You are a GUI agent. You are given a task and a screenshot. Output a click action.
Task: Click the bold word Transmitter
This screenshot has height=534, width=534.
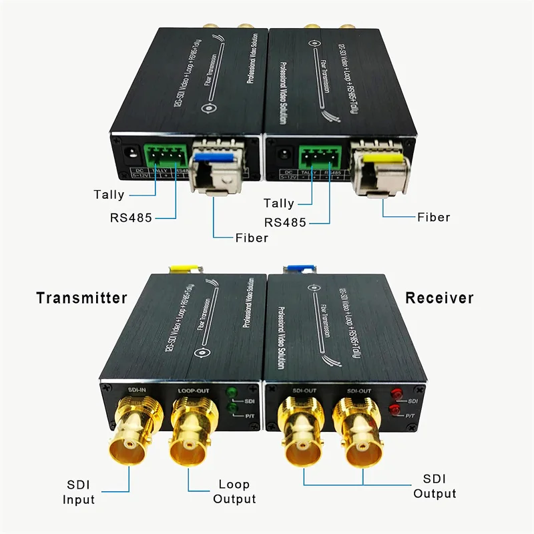(81, 298)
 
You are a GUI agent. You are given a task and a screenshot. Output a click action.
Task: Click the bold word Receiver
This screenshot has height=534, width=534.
(439, 298)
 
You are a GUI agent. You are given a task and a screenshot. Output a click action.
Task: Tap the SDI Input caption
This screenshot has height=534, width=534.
(79, 492)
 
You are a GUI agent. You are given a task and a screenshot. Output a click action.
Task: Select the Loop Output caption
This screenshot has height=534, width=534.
(234, 492)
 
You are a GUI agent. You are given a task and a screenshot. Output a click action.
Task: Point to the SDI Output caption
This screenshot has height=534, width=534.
(435, 487)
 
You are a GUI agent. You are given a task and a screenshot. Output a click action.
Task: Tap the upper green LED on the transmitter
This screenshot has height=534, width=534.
(232, 393)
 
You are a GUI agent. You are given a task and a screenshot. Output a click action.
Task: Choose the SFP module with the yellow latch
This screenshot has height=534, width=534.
(378, 170)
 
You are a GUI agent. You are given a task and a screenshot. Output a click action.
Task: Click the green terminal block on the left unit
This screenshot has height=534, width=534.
(165, 156)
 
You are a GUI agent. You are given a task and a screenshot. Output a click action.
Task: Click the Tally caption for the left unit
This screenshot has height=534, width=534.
(109, 194)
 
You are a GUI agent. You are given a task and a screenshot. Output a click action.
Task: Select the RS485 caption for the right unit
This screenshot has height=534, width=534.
(286, 222)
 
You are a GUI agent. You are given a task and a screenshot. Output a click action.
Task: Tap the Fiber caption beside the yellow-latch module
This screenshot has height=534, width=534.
(433, 217)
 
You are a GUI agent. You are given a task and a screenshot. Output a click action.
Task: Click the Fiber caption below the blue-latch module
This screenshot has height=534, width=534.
(252, 238)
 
